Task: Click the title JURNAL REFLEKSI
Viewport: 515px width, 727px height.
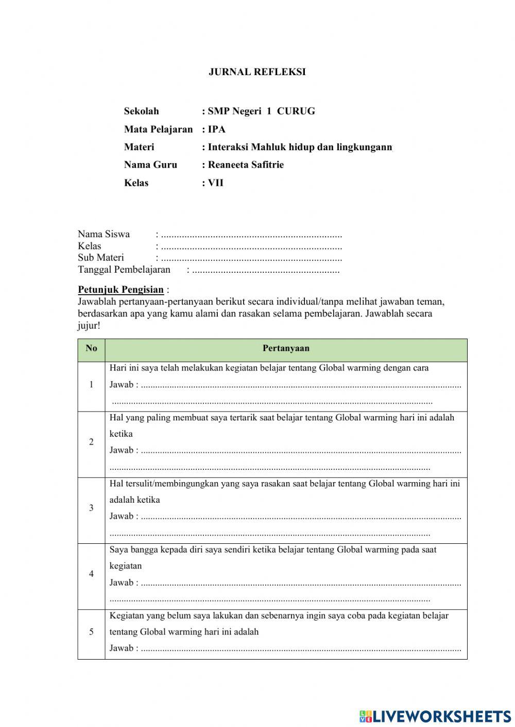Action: tap(257, 72)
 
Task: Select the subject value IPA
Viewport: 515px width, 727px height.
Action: tap(217, 129)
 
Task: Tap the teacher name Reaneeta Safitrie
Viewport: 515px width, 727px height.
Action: tap(246, 165)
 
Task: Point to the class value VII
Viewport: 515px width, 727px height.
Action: tap(216, 183)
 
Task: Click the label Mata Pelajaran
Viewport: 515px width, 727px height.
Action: tap(158, 129)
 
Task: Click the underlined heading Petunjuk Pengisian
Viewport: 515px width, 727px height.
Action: tap(121, 290)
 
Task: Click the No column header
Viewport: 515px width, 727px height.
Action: tap(91, 348)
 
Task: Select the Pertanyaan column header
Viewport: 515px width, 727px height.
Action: tap(286, 348)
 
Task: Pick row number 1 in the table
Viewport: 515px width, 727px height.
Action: tap(91, 384)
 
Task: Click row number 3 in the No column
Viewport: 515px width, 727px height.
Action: tap(91, 508)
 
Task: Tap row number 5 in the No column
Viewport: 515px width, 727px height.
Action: tap(91, 632)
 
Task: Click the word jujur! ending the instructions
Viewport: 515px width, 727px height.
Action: tap(89, 326)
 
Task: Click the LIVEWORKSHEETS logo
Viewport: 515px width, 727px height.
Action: tap(435, 716)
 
